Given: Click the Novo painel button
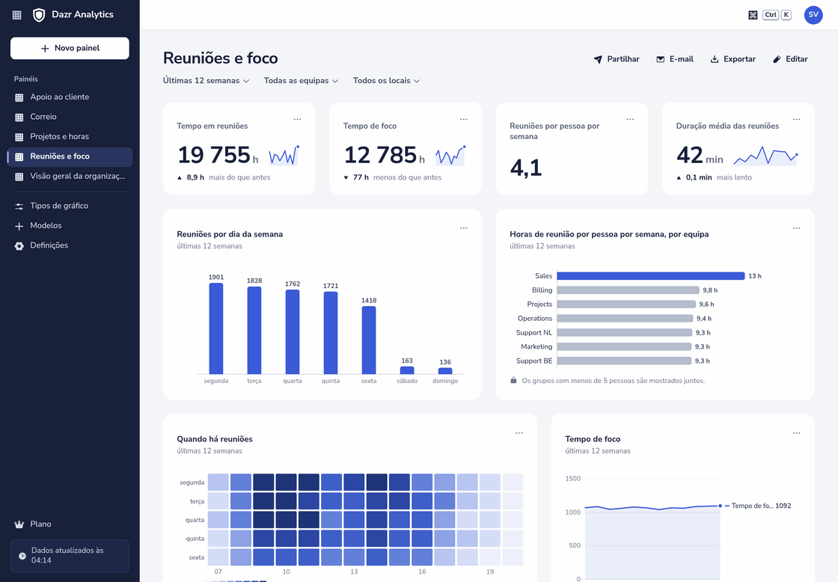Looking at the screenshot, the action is [70, 48].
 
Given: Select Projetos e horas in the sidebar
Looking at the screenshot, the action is [59, 136].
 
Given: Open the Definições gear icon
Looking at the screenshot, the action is [19, 246].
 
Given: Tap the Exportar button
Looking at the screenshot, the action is [733, 59].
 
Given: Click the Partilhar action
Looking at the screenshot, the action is [617, 59].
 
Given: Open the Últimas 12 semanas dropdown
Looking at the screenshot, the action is [206, 81].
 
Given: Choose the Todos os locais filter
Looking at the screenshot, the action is [386, 81].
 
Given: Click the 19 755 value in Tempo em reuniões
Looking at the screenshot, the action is [214, 155].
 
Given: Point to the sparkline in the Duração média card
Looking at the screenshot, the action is [765, 156].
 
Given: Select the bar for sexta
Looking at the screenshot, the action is [369, 340].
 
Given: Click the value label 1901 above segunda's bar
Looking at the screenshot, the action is [216, 277].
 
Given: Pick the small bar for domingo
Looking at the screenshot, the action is [445, 371].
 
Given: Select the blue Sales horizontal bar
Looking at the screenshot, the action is [650, 276].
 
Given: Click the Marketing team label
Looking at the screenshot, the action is [536, 347].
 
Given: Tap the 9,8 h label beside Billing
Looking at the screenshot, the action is [710, 290].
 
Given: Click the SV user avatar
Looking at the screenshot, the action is [813, 15].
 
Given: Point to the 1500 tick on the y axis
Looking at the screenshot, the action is [572, 478].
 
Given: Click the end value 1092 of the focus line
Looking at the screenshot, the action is [783, 506].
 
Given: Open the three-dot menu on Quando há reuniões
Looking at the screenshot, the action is [519, 433].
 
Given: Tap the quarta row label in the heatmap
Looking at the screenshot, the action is [195, 520].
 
